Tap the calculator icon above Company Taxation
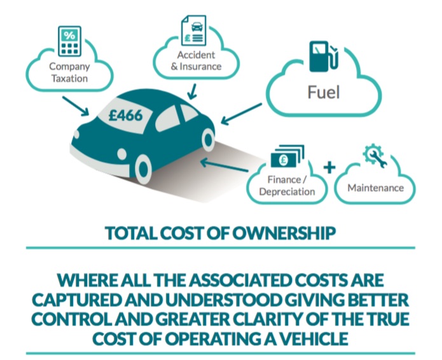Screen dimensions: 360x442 69,40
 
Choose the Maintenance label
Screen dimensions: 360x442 375,188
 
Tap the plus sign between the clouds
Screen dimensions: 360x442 329,168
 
